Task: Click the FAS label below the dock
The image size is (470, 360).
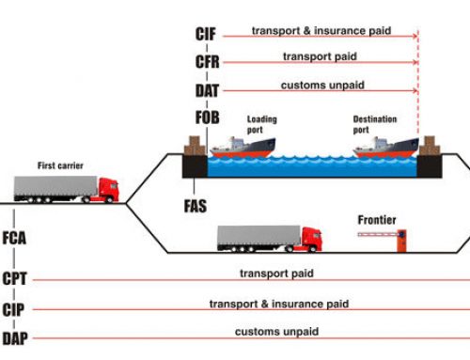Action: pos(196,203)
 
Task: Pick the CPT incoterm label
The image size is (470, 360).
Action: pos(14,278)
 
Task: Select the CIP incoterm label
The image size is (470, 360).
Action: pos(14,309)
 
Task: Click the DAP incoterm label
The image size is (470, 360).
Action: pos(14,337)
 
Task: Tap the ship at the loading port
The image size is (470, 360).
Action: pos(243,145)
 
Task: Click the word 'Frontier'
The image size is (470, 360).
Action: pos(377,221)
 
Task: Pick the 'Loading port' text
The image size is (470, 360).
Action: pos(262,125)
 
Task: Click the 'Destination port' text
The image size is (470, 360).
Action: pos(375,125)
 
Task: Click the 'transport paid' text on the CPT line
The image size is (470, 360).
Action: pos(276,274)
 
